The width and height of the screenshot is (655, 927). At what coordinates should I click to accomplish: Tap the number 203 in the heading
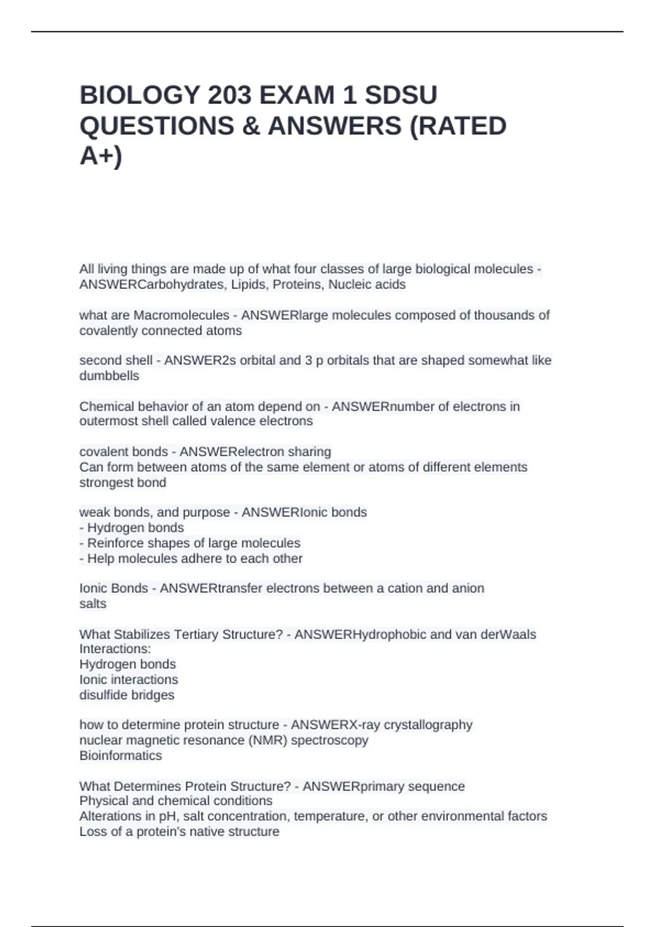(229, 95)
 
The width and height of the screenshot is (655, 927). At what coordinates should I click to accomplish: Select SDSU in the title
(401, 95)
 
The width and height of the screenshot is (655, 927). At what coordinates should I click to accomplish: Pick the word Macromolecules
(182, 315)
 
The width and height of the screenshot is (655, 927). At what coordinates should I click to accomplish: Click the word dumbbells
(109, 376)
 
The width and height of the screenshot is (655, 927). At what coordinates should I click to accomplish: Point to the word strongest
(103, 483)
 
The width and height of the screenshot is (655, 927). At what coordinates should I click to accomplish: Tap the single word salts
(93, 604)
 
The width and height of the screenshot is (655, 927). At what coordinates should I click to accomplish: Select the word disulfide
(102, 695)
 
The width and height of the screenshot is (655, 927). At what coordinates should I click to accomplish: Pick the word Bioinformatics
(121, 755)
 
